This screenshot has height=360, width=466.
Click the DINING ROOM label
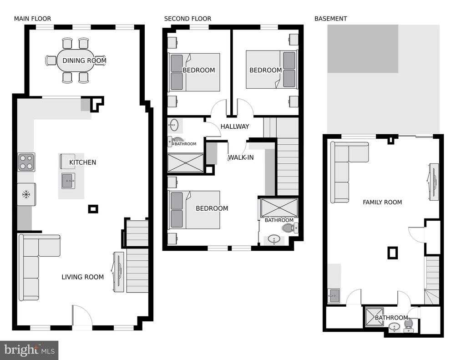84,61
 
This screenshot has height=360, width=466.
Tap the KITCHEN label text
83,162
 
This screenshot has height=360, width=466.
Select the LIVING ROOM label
83,277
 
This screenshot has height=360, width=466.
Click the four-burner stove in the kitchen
26,162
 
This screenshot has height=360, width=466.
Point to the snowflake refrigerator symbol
26,195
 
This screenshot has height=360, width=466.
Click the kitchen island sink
68,181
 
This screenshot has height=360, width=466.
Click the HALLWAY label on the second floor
235,127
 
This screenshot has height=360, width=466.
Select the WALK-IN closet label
241,157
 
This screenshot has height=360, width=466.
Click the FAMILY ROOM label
382,203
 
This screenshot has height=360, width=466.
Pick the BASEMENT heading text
330,19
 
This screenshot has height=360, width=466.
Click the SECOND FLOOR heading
187,19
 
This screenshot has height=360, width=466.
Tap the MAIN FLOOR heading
32,19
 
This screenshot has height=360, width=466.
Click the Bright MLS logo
29,350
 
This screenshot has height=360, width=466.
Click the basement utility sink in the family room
334,296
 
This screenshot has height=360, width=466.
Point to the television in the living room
118,272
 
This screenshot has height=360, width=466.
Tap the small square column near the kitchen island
93,209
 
